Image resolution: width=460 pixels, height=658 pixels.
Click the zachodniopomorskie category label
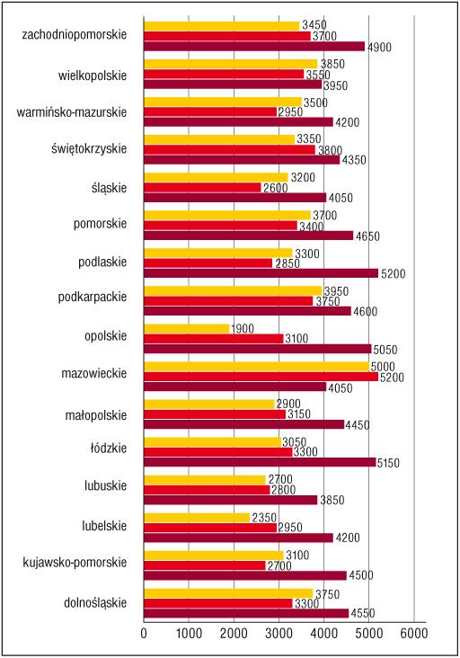pos(75,34)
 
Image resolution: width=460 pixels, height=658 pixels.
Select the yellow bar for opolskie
pos(187,329)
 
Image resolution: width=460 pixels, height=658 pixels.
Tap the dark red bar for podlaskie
pos(261,273)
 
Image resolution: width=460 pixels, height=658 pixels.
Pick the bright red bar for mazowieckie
pos(261,377)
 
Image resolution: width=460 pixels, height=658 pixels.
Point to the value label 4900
pos(379,47)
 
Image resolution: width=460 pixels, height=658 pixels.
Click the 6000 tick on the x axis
pos(414,633)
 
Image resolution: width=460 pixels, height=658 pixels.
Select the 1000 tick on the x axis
pos(189,633)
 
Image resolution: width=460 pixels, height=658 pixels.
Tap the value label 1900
pos(242,329)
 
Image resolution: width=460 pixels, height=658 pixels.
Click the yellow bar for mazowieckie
pos(257,367)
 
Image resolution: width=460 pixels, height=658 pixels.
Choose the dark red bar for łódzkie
pos(260,462)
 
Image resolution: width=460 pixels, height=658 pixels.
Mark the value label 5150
pos(388,463)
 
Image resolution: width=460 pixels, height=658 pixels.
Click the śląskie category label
pos(109,188)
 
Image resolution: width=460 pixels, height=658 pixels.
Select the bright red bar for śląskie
pos(202,188)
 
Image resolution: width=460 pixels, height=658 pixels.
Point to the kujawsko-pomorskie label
pos(75,563)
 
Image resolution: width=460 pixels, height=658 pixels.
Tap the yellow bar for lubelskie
pos(197,518)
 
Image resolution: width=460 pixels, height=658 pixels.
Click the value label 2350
pos(264,518)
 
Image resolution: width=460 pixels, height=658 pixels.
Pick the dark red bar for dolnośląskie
pos(246,614)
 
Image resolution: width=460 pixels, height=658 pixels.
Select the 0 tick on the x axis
pos(144,633)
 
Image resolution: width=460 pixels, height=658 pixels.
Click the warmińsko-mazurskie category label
pos(72,112)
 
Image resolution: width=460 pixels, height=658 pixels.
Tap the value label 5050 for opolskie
pos(385,350)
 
